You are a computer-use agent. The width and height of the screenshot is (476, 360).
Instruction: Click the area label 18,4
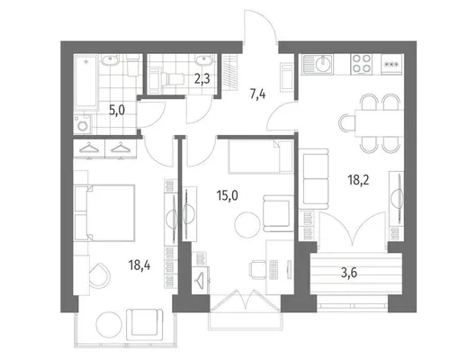pyautogui.click(x=139, y=265)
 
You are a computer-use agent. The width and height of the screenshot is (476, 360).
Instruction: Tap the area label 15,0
pyautogui.click(x=228, y=196)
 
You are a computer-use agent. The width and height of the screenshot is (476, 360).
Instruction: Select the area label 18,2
pyautogui.click(x=358, y=180)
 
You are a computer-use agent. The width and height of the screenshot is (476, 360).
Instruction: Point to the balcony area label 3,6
pyautogui.click(x=349, y=274)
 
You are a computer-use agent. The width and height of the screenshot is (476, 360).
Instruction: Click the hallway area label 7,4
pyautogui.click(x=257, y=94)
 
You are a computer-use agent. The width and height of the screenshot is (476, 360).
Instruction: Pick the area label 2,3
pyautogui.click(x=202, y=79)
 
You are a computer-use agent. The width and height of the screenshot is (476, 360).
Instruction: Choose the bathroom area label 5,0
pyautogui.click(x=117, y=111)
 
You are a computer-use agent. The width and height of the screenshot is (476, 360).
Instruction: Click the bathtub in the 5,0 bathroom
pyautogui.click(x=86, y=82)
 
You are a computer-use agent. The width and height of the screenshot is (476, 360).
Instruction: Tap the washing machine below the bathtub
pyautogui.click(x=82, y=124)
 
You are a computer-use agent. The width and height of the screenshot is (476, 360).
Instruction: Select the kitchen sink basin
pyautogui.click(x=323, y=64)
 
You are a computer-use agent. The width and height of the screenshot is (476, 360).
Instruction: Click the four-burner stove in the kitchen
pyautogui.click(x=361, y=65)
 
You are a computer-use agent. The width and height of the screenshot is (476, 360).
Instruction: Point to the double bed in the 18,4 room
pyautogui.click(x=104, y=212)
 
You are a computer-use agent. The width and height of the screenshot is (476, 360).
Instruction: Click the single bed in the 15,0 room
pyautogui.click(x=260, y=157)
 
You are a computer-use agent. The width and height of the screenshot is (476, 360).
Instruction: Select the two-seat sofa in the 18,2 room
pyautogui.click(x=314, y=179)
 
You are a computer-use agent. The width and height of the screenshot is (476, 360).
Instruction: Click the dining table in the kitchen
pyautogui.click(x=379, y=123)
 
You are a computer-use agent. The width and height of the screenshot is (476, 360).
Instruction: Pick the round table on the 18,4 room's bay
pyautogui.click(x=109, y=325)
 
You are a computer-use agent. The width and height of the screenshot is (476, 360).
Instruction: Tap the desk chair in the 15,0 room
pyautogui.click(x=257, y=269)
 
